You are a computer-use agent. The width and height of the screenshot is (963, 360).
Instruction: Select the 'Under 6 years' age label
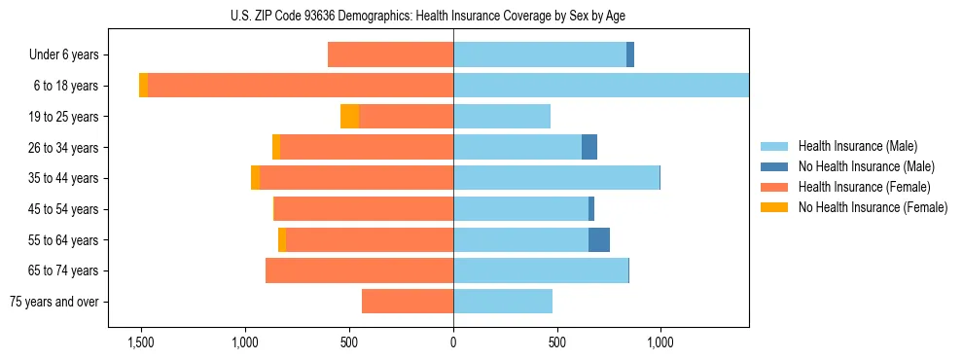click(63, 55)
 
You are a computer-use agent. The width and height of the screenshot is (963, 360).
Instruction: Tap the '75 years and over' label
click(54, 302)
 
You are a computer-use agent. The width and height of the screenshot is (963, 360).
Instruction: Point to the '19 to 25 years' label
click(63, 117)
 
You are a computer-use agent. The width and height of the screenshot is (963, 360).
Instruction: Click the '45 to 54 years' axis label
click(63, 209)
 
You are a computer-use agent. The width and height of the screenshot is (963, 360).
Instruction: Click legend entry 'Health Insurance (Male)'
click(857, 146)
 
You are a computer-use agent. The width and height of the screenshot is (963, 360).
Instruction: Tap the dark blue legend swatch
click(774, 166)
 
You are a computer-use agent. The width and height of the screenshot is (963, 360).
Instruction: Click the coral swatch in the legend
click(774, 187)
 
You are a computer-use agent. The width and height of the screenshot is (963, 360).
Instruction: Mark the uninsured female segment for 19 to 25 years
click(349, 117)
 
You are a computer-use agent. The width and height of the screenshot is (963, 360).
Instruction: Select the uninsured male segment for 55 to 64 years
click(599, 240)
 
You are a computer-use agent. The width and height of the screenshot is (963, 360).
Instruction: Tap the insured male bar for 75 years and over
click(503, 302)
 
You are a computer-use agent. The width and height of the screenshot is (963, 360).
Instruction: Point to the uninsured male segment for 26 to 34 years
click(589, 147)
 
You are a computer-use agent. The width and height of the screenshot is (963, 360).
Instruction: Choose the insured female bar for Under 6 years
click(390, 55)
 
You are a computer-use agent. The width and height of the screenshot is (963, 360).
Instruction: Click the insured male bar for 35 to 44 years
click(556, 178)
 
